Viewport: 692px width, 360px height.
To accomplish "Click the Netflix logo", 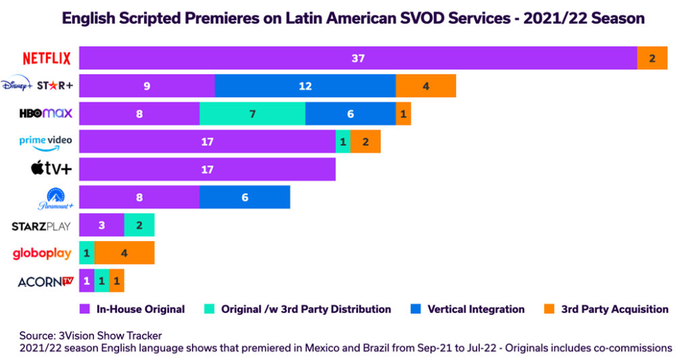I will pos(47,58).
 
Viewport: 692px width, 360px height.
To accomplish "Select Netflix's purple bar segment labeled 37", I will pos(357,58).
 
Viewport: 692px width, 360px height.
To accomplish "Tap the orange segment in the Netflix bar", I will pos(652,58).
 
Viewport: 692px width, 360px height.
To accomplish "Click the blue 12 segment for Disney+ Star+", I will pos(305,86).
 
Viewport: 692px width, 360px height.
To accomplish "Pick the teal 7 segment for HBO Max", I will pos(252,113).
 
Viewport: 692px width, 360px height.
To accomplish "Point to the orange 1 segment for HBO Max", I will pos(403,113).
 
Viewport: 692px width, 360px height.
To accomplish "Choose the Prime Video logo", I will pos(45,142).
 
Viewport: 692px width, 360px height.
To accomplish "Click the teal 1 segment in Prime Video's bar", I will pos(343,142).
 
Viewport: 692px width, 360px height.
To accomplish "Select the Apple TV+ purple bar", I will pos(207,170).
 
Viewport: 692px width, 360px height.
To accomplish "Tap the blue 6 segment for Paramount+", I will pos(245,197).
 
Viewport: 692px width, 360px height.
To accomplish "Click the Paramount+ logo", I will pos(54,198).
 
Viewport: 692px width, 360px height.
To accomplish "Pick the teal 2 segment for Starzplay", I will pos(139,225).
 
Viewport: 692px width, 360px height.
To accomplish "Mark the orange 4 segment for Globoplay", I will pos(124,253).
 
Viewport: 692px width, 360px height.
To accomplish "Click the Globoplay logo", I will pos(42,253).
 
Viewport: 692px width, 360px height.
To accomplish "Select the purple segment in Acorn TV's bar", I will pos(86,281).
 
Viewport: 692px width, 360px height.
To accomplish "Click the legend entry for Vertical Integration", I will pos(467,309).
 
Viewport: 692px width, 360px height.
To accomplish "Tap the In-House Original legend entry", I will pos(132,309).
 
